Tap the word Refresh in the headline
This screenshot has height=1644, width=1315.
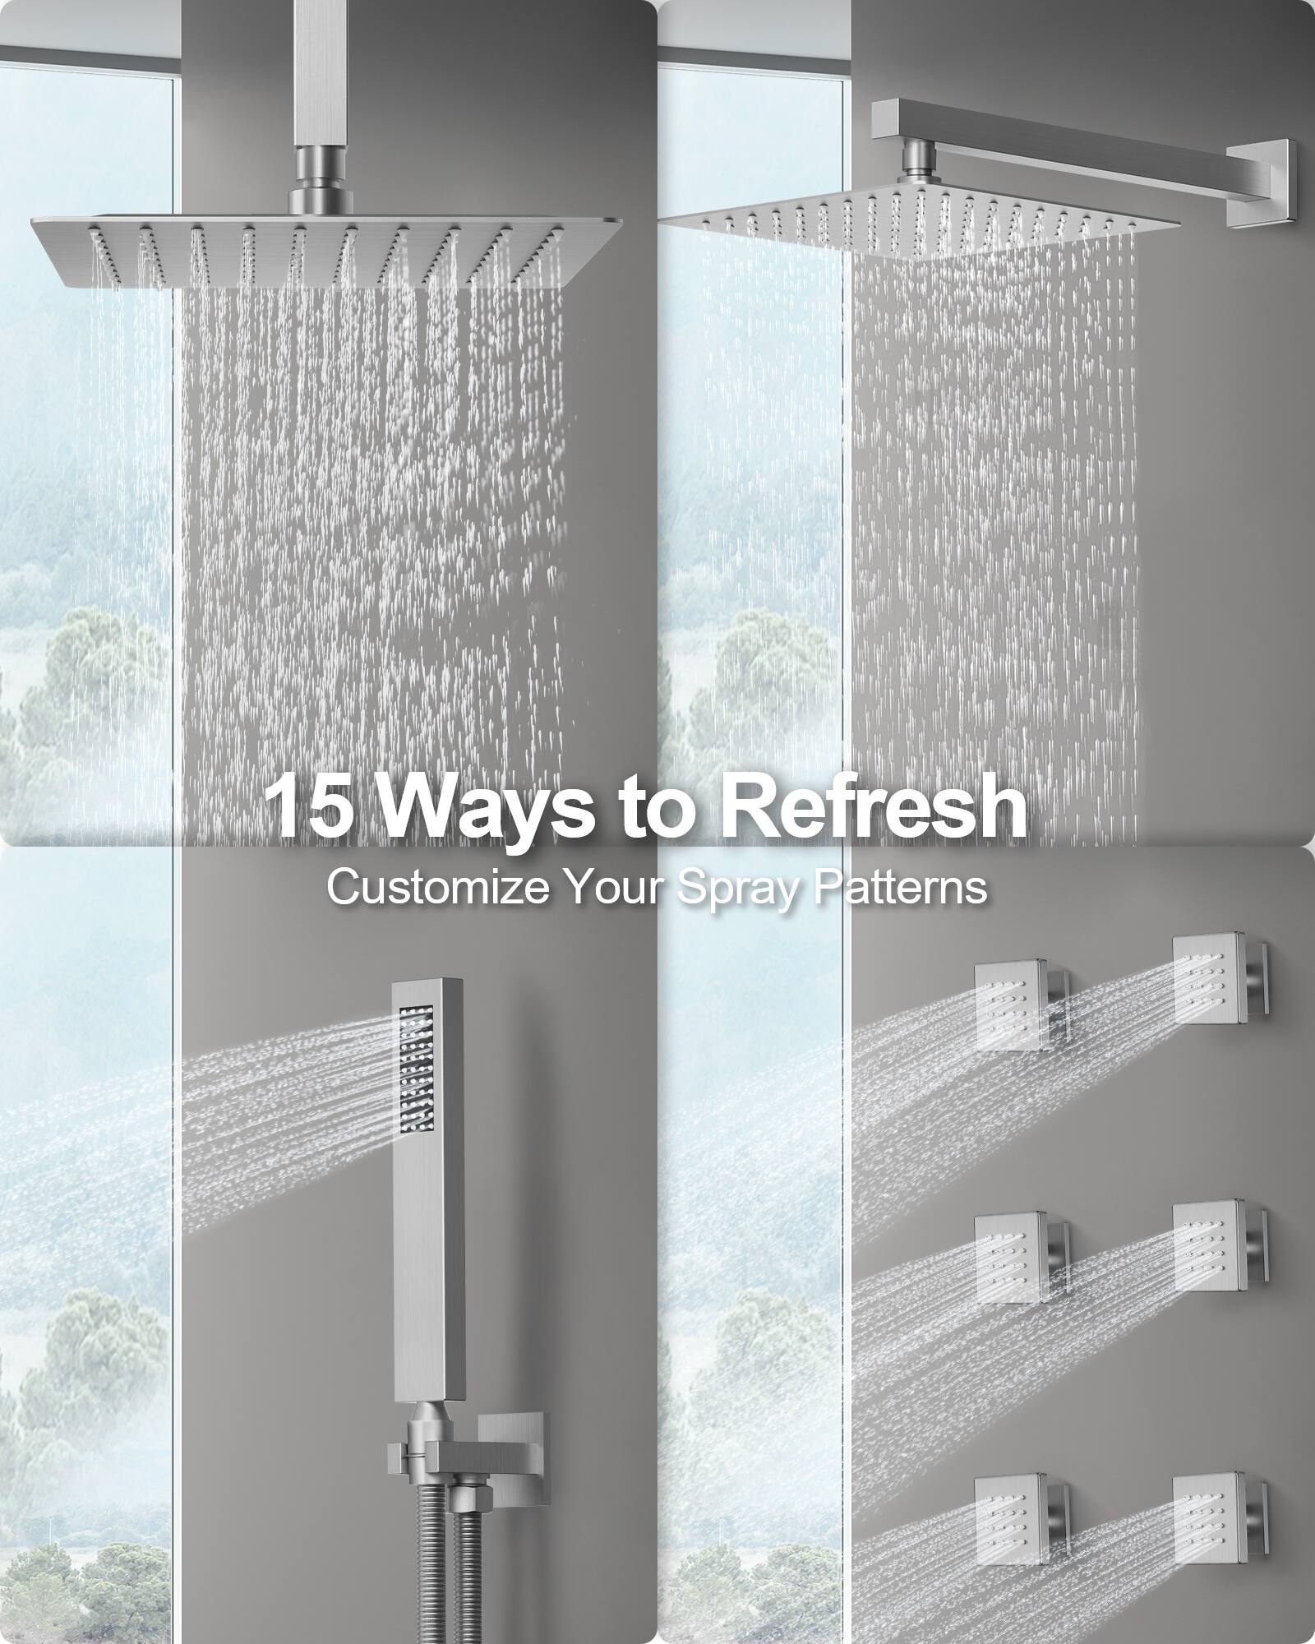[874, 806]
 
